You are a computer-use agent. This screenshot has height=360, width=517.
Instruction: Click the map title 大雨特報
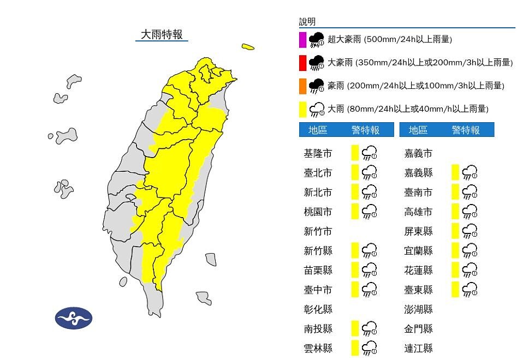[x=162, y=34]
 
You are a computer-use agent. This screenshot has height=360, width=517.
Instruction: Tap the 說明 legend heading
[x=307, y=22]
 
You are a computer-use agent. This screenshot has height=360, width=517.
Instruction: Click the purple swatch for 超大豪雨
[x=302, y=40]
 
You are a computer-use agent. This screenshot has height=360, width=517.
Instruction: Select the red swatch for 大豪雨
[x=302, y=63]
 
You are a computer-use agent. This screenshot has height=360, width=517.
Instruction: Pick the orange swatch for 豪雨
[x=302, y=86]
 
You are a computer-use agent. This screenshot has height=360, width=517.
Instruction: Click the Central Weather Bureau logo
[x=74, y=319]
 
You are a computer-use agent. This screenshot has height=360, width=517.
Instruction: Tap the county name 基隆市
[x=318, y=154]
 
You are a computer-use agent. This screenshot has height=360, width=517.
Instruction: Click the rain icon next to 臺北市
[x=370, y=173]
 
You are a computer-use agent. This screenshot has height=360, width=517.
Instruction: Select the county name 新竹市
[x=318, y=231]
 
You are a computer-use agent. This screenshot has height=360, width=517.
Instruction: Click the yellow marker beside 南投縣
[x=355, y=328]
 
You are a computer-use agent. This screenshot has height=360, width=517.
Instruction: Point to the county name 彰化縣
[x=318, y=309]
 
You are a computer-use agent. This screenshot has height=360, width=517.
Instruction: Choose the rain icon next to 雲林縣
[x=370, y=347]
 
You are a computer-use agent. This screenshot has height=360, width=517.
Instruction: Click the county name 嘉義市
[x=418, y=154]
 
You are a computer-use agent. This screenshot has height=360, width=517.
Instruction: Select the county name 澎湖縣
[x=418, y=309]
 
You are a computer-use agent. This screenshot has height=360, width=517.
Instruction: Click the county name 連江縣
[x=418, y=348]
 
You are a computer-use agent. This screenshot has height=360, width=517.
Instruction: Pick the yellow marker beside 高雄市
[x=455, y=212]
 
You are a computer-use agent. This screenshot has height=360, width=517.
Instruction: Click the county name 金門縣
[x=418, y=328]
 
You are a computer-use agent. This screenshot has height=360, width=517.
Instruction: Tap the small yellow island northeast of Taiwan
[x=248, y=47]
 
